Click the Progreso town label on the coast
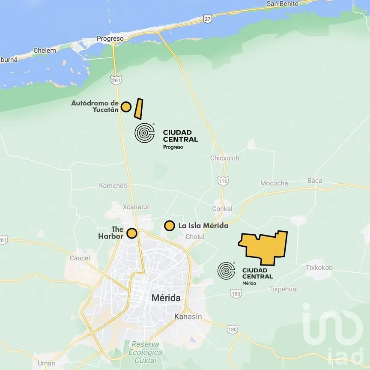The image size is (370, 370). click(x=110, y=39)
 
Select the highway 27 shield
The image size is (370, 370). click(x=208, y=19)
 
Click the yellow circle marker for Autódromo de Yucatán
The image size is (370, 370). click(x=125, y=107)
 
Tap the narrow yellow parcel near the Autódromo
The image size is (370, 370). click(x=138, y=109)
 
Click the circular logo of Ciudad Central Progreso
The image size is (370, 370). click(x=144, y=133)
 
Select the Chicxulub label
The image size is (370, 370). click(x=224, y=158)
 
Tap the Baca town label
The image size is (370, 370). click(x=315, y=181)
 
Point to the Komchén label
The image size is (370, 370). click(x=113, y=185)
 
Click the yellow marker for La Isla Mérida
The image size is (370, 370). click(x=170, y=225)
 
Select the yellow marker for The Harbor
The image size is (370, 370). click(x=132, y=233)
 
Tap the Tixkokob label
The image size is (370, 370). click(x=319, y=268)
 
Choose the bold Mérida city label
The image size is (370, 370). click(x=166, y=298)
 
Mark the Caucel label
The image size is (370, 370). click(x=80, y=258)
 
